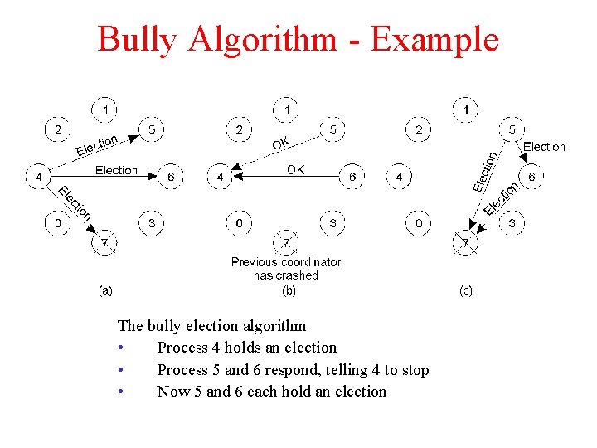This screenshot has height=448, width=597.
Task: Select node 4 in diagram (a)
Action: (x=38, y=177)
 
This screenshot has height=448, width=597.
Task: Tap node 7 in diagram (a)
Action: (x=104, y=243)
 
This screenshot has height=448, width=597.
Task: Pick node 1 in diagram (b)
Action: (x=287, y=109)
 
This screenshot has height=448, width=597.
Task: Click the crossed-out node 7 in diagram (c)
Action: (x=465, y=244)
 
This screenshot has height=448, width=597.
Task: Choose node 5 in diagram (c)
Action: (x=512, y=129)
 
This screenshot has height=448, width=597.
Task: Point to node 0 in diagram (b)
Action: (x=240, y=223)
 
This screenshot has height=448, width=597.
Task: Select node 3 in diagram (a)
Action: (x=152, y=223)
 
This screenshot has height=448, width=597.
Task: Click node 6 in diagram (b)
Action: (x=352, y=177)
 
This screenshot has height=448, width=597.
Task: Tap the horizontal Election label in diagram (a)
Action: (x=116, y=170)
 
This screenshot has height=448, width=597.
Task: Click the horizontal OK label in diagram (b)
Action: (x=295, y=169)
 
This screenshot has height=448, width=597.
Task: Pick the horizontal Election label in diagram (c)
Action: (x=544, y=147)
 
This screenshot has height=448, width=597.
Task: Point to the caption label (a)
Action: (x=105, y=290)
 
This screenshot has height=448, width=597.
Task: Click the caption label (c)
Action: (x=466, y=290)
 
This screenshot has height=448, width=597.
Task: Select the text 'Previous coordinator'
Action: (x=286, y=262)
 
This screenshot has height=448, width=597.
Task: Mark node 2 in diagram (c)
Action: (x=420, y=129)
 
